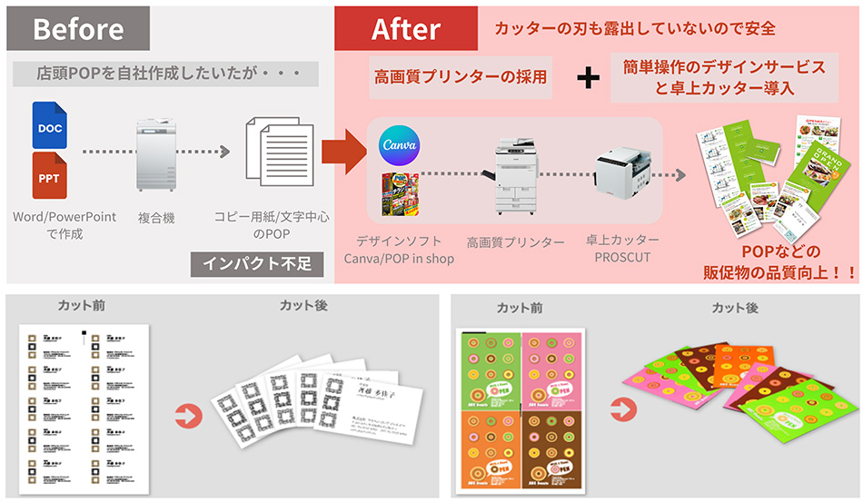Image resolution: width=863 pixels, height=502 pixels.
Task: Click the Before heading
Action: [x=78, y=28]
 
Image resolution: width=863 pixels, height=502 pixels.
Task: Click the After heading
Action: [x=406, y=28]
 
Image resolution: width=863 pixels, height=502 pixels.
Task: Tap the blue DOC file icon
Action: [x=50, y=127]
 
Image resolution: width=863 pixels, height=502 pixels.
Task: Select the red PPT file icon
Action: [x=50, y=177]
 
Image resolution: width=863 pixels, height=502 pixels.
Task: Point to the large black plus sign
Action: [x=589, y=78]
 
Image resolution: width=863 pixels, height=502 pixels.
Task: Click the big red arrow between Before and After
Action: [x=342, y=150]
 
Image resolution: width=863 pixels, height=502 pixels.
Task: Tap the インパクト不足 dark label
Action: [x=255, y=264]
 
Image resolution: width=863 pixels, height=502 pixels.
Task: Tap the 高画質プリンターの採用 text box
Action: [x=461, y=78]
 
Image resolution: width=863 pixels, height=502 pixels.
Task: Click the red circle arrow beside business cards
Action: [x=185, y=417]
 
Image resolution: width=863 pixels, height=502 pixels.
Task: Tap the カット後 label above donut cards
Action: [x=735, y=308]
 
